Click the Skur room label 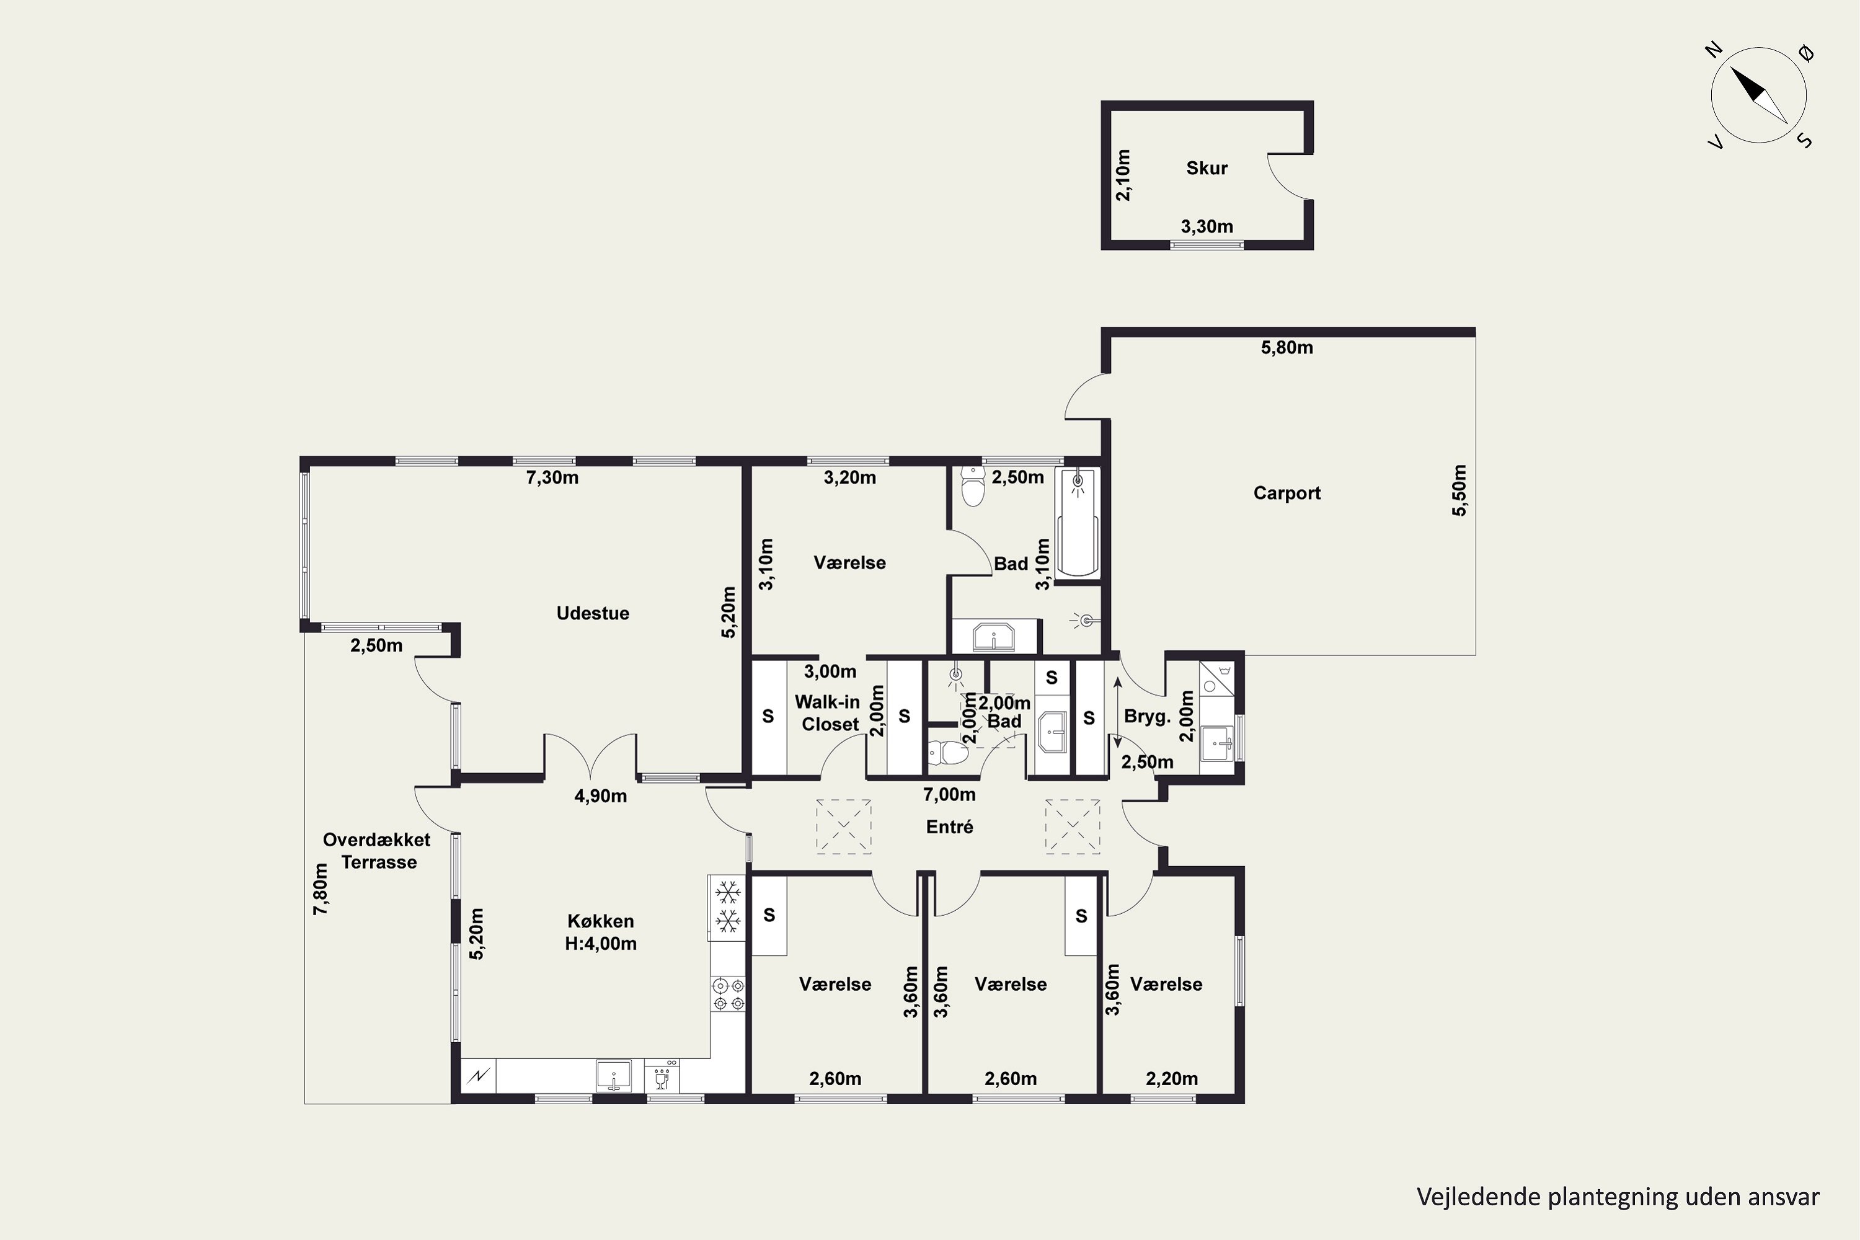click(x=1207, y=167)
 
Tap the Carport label click(x=1286, y=493)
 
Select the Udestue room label click(x=592, y=613)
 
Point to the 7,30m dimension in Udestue click(x=552, y=477)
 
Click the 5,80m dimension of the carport click(x=1286, y=347)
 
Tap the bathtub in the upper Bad click(x=1077, y=522)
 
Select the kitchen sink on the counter click(x=614, y=1076)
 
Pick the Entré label click(x=949, y=826)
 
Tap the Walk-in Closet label click(x=828, y=712)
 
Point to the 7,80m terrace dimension click(x=321, y=890)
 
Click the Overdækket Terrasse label click(x=377, y=851)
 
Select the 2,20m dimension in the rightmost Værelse click(x=1171, y=1079)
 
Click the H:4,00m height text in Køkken click(x=600, y=944)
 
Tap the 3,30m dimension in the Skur click(x=1207, y=227)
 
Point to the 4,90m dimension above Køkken click(x=600, y=796)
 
